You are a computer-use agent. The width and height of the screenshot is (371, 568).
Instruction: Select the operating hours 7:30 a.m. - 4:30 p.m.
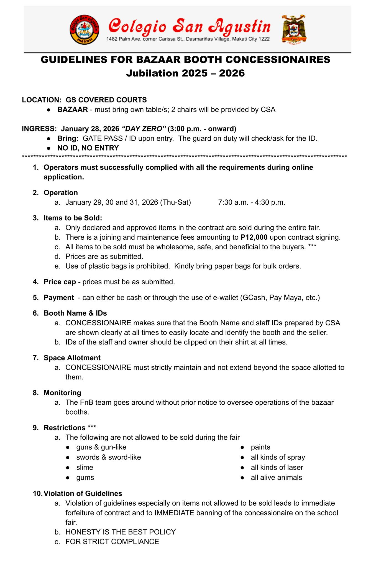(x=252, y=202)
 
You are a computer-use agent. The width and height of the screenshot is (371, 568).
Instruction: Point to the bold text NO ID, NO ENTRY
(x=88, y=148)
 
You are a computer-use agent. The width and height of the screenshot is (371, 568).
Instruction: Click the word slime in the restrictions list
(x=85, y=467)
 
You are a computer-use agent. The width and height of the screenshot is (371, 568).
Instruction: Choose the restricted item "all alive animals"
(x=276, y=477)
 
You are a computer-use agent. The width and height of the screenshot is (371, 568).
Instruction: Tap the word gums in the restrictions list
(x=85, y=477)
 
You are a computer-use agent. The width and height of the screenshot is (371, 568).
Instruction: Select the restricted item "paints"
(x=260, y=447)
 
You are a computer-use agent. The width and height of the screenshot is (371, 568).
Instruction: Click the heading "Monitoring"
(x=62, y=393)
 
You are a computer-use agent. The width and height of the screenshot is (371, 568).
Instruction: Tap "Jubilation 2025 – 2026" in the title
(x=185, y=73)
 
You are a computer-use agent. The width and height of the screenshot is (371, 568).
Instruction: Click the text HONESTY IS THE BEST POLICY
(x=121, y=532)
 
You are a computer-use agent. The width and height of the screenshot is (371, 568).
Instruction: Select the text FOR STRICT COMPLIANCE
(x=112, y=541)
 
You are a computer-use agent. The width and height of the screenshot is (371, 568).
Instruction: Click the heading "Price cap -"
(x=62, y=282)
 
